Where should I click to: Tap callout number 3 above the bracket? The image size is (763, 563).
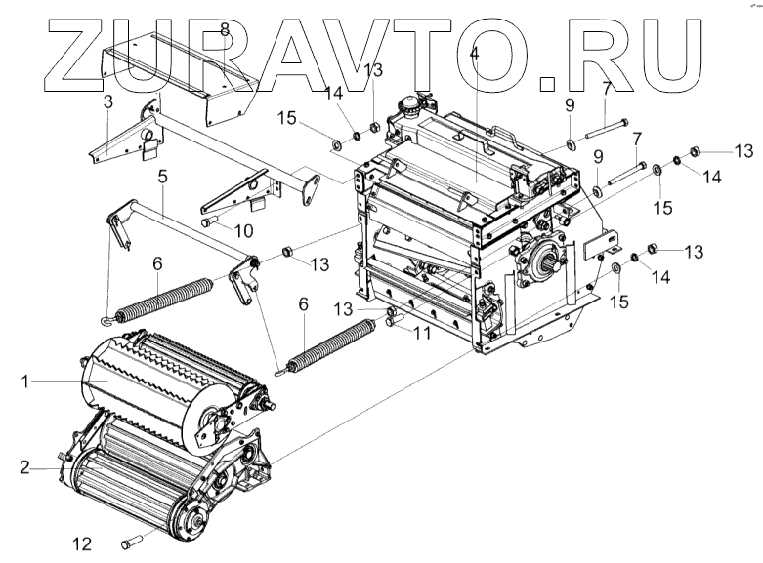point(107,101)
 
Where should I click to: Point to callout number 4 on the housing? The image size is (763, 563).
point(475,54)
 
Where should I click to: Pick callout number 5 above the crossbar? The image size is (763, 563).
point(163,178)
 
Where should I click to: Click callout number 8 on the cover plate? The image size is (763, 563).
point(225,29)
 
